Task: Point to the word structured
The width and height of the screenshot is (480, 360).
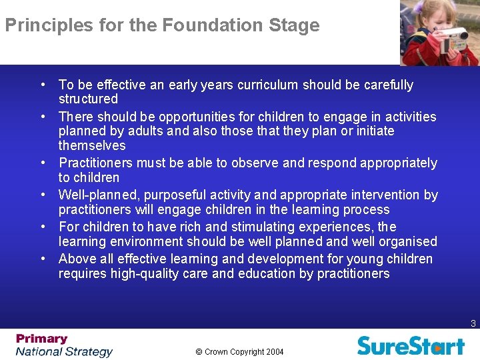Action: (88, 99)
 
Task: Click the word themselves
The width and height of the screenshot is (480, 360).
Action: (92, 145)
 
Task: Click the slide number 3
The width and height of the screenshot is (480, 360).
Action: (473, 324)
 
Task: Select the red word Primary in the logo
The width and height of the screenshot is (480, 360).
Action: (42, 339)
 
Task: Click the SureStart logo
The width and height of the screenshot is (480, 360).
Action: (411, 345)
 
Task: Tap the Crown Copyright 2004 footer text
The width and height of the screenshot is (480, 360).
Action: (240, 351)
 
